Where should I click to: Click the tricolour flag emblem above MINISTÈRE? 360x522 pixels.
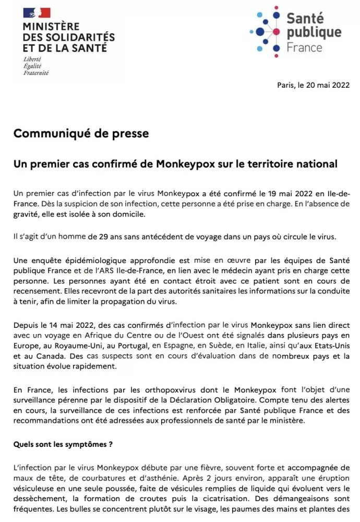(37, 13)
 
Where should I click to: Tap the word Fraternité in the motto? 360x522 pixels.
(36, 73)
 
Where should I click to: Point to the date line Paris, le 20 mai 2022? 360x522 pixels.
(313, 85)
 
